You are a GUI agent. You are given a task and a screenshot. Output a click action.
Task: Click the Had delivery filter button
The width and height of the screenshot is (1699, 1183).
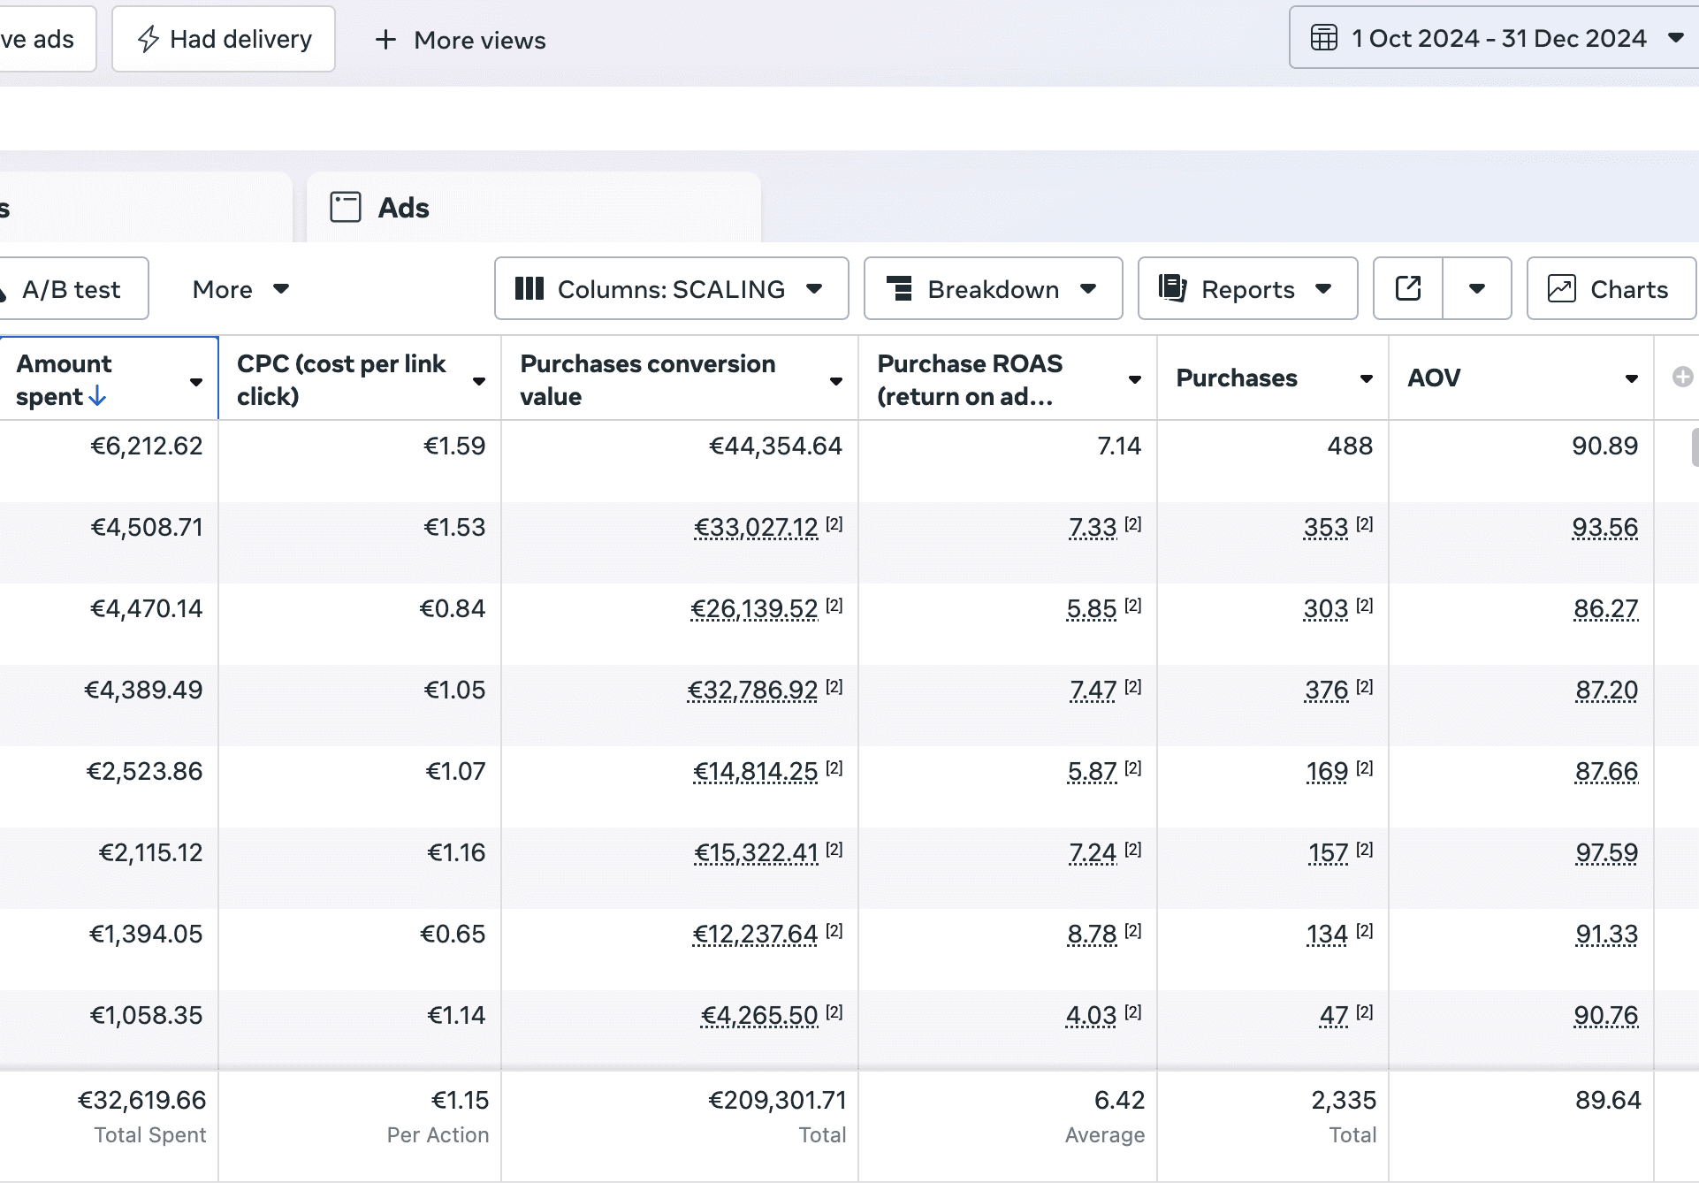click(x=224, y=39)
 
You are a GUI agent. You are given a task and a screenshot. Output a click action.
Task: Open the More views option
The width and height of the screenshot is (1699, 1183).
click(x=461, y=40)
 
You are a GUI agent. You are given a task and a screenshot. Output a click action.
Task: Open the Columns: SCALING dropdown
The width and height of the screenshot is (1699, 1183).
click(x=671, y=288)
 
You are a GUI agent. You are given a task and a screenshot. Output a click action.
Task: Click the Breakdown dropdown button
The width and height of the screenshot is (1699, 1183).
click(x=993, y=288)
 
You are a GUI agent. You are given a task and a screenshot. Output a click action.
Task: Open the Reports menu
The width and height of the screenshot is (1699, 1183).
click(x=1247, y=288)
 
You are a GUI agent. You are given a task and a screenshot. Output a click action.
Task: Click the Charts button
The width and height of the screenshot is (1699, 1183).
click(x=1611, y=288)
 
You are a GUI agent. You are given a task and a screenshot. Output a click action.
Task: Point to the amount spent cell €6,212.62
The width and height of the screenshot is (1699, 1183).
click(x=147, y=446)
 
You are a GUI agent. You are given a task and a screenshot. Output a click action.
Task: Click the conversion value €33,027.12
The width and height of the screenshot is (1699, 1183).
click(x=757, y=527)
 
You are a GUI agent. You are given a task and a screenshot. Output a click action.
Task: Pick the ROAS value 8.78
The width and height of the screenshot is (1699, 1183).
click(x=1093, y=934)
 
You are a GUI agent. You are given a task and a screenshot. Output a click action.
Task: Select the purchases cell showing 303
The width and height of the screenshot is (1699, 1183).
click(x=1326, y=608)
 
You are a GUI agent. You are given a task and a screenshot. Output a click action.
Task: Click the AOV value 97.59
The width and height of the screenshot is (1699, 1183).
click(x=1607, y=852)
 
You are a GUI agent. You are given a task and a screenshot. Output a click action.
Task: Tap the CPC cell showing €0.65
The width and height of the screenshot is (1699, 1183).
click(x=453, y=934)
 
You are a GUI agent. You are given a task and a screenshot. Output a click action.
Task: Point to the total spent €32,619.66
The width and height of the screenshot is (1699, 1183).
click(x=142, y=1100)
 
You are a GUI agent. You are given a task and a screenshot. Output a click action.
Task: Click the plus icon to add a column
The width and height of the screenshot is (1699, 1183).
click(x=1682, y=378)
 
